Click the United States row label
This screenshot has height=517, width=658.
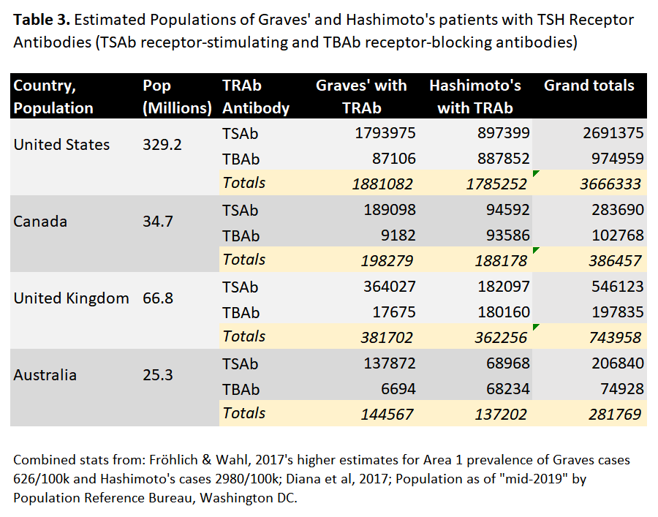click(61, 144)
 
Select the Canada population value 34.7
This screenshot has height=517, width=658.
click(158, 221)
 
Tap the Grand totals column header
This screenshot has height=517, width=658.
click(589, 86)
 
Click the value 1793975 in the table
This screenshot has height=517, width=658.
click(385, 133)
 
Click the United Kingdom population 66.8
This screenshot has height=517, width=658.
click(158, 298)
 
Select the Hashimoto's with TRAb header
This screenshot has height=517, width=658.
click(474, 97)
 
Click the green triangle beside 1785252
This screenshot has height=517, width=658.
click(534, 174)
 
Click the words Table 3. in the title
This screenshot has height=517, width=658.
click(41, 20)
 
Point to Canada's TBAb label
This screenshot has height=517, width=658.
click(241, 235)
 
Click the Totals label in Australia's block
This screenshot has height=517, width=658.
click(244, 412)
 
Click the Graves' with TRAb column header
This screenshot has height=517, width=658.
click(361, 97)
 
